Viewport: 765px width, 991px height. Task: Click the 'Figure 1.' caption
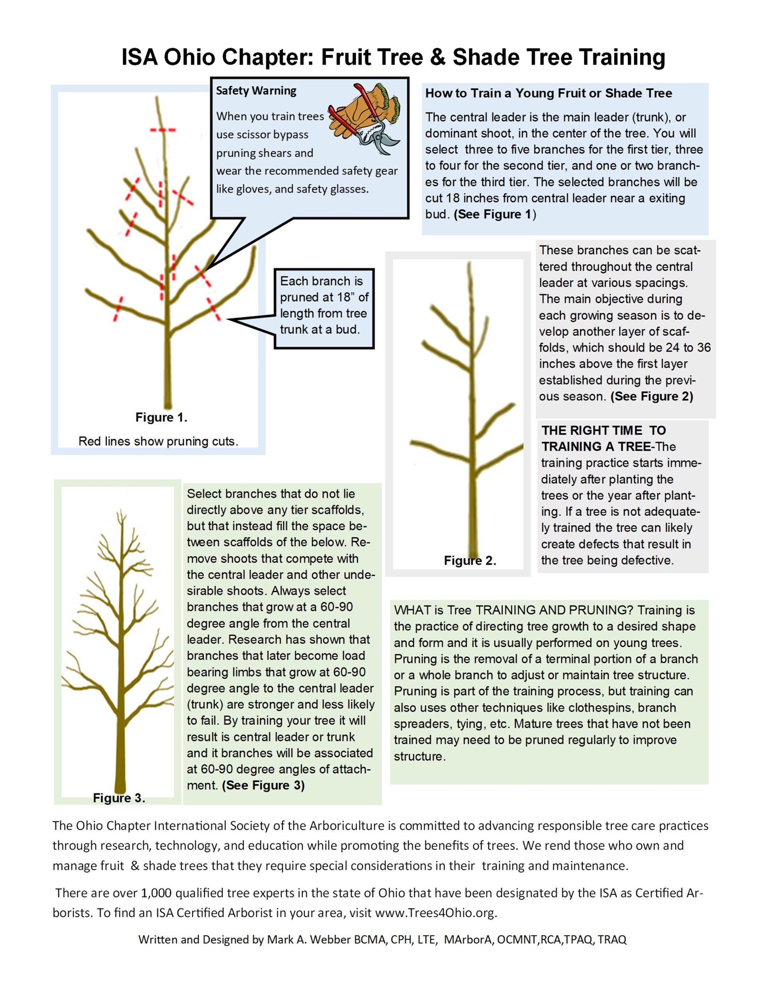point(161,418)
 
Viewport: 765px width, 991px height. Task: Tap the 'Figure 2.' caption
point(470,561)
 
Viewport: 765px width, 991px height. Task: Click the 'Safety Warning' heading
point(256,91)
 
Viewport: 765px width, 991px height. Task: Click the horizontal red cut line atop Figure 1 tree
point(163,130)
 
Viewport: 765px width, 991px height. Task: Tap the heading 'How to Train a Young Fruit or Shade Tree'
point(548,93)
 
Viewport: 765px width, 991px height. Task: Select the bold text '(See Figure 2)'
point(651,396)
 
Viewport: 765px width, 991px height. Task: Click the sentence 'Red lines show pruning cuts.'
point(158,441)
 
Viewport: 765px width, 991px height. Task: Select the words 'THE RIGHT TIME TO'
point(604,430)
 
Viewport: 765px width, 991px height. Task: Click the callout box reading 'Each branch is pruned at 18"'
point(324,305)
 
